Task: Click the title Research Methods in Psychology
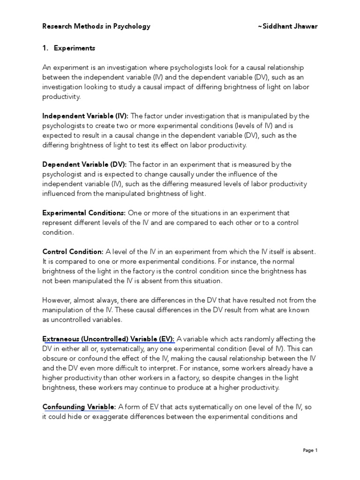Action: coord(96,26)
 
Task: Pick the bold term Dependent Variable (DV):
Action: coord(85,164)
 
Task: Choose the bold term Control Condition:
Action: coord(73,252)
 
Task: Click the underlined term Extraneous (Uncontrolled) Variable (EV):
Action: coord(108,339)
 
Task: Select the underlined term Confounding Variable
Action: coord(76,407)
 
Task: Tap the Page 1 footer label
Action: coord(310,450)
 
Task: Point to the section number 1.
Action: coord(45,48)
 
